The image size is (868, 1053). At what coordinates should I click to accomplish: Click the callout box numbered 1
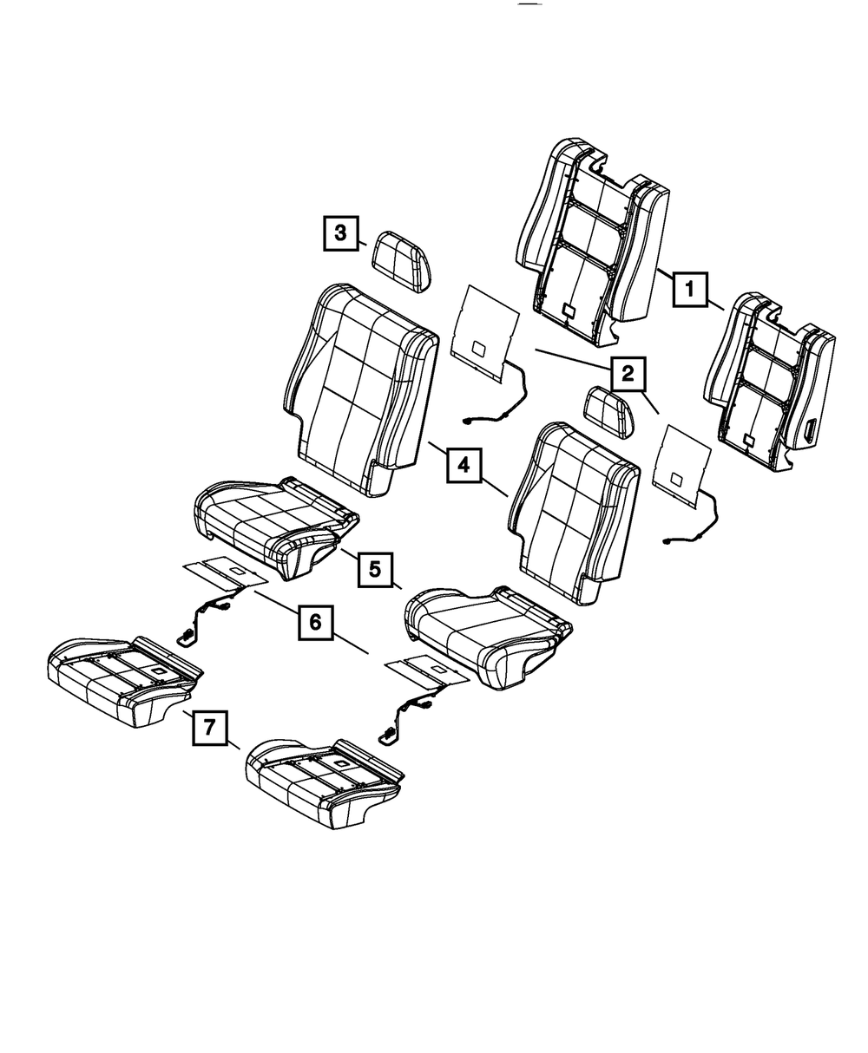click(690, 290)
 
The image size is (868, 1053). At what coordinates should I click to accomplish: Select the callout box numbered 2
click(628, 374)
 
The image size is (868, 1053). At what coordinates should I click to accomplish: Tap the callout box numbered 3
click(340, 233)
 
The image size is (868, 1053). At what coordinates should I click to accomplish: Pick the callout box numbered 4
click(464, 466)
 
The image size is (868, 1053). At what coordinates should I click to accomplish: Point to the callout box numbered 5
click(375, 570)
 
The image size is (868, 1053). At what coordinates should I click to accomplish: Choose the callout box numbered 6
click(315, 623)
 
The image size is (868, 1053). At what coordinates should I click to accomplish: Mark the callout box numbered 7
click(209, 728)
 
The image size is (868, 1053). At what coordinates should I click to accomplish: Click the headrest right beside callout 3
click(402, 261)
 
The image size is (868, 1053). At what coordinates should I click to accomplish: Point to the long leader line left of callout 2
click(573, 359)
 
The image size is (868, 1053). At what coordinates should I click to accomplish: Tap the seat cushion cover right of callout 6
click(488, 637)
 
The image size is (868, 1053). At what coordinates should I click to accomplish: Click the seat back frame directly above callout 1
click(594, 242)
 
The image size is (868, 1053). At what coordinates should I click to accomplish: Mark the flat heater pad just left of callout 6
click(226, 573)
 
